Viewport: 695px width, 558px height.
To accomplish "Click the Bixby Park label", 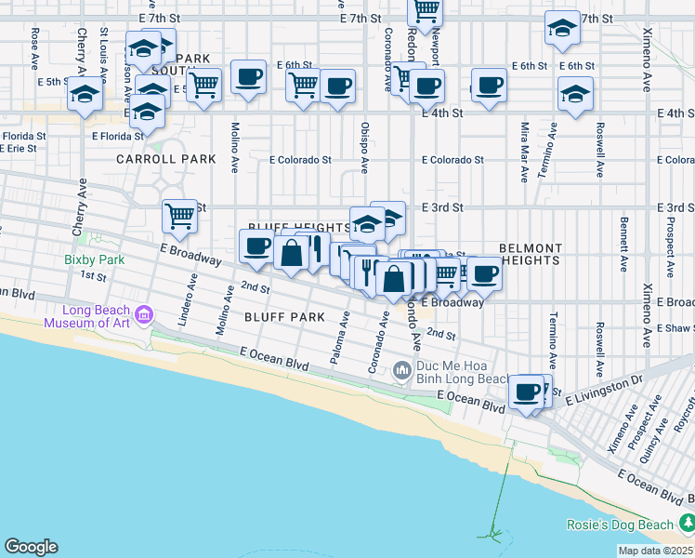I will coord(95,259).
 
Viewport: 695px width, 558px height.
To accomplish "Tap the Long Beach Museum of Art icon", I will coord(142,316).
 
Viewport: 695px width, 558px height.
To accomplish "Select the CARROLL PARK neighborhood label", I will coord(166,159).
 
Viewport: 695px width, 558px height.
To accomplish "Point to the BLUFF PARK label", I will coord(284,317).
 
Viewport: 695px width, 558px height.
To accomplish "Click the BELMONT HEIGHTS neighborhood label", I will coord(531,255).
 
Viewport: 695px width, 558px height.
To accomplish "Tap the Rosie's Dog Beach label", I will coord(621,525).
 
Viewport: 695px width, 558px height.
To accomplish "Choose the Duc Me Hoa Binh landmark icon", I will coord(402,371).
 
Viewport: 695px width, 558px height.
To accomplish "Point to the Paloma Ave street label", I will coord(339,339).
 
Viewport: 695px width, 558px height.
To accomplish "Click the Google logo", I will coord(31,547).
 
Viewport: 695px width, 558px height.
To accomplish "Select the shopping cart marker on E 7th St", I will coord(426,10).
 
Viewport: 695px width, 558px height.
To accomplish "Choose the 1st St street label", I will coord(93,275).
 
